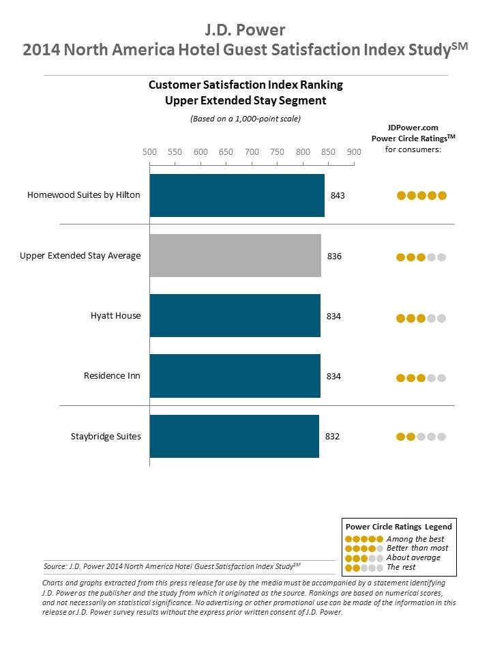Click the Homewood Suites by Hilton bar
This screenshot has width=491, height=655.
click(237, 196)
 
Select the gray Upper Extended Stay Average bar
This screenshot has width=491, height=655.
click(235, 256)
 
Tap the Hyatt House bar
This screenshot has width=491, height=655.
click(235, 316)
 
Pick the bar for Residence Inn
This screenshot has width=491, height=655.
click(235, 376)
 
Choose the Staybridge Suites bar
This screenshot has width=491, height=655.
click(234, 436)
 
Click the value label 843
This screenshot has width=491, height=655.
click(338, 196)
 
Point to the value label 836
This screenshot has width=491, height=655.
click(333, 257)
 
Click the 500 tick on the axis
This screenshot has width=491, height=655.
click(149, 151)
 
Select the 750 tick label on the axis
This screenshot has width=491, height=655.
click(278, 151)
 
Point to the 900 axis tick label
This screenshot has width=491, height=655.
click(354, 151)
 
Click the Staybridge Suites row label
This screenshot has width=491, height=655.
click(106, 436)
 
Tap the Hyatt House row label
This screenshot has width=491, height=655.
click(115, 316)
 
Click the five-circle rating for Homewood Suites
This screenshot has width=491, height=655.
click(421, 196)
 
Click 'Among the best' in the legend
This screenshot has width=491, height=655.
click(415, 539)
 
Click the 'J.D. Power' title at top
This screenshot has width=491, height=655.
click(245, 30)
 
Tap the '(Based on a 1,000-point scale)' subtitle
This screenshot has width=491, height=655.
click(245, 118)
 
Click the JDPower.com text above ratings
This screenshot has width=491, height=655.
click(413, 128)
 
